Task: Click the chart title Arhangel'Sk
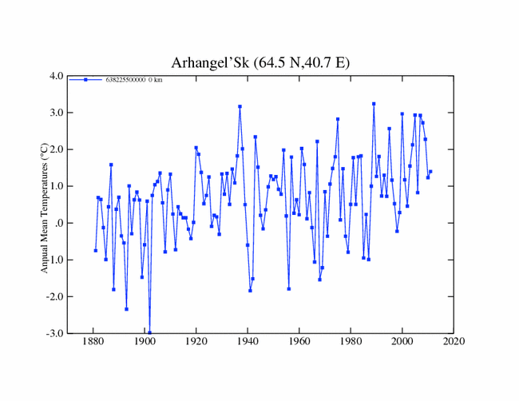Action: [259, 62]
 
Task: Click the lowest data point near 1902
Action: [149, 332]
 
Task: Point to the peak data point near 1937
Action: [240, 106]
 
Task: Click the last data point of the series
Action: [430, 172]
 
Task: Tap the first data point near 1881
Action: [96, 250]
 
